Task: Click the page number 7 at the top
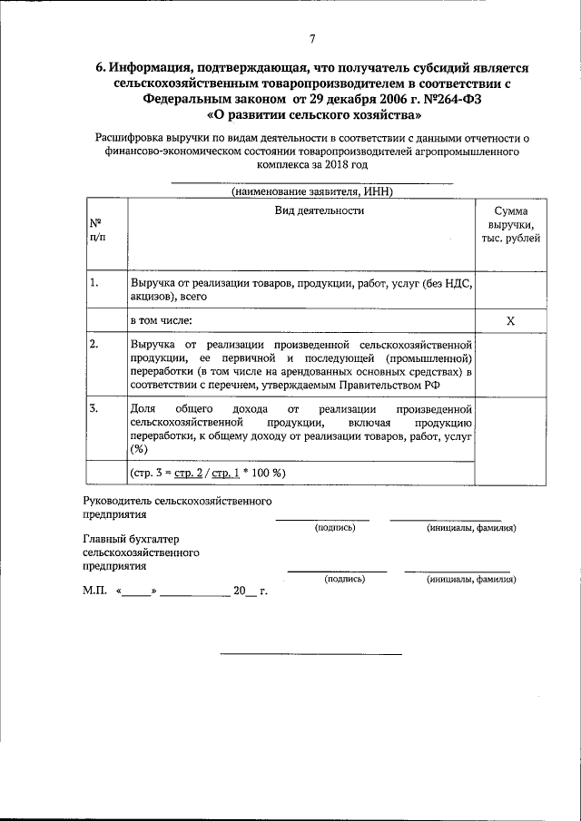pyautogui.click(x=312, y=38)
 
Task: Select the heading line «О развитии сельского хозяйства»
pyautogui.click(x=314, y=116)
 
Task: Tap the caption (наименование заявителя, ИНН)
pyautogui.click(x=312, y=192)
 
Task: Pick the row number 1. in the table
pyautogui.click(x=94, y=284)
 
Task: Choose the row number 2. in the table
pyautogui.click(x=94, y=345)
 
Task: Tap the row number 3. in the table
pyautogui.click(x=94, y=408)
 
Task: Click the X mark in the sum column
pyautogui.click(x=510, y=321)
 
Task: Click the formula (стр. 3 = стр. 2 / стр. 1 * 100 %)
pyautogui.click(x=208, y=473)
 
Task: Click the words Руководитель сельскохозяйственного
pyautogui.click(x=177, y=501)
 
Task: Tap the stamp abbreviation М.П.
pyautogui.click(x=94, y=591)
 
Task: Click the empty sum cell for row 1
pyautogui.click(x=510, y=289)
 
